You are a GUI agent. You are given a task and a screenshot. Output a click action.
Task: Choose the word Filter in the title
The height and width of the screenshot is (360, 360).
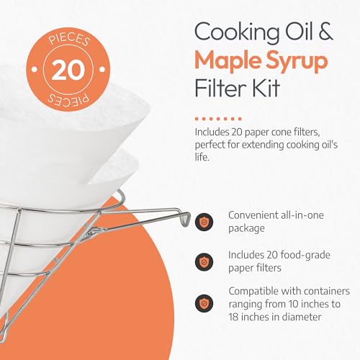[221, 91]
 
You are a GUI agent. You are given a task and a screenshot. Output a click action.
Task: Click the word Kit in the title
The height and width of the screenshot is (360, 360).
[269, 91]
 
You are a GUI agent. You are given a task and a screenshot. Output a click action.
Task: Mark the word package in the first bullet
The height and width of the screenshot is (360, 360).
[249, 229]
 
